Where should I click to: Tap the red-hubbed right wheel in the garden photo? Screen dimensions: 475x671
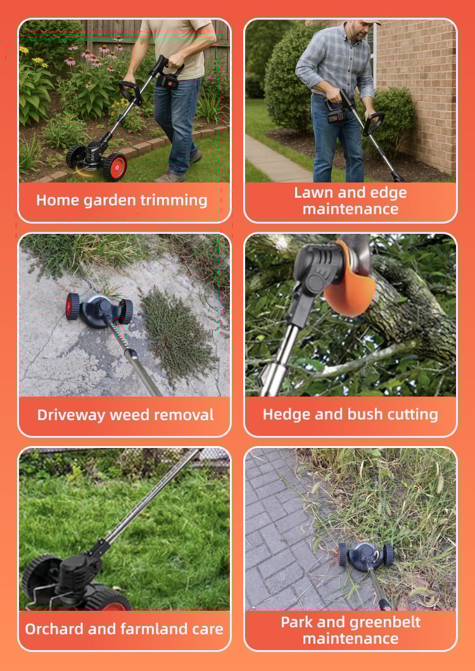pos(115,167)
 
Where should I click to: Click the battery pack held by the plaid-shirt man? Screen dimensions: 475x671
pos(338,115)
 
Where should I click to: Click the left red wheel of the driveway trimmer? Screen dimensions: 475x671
pos(72,307)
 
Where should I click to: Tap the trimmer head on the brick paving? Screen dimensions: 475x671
pos(366,555)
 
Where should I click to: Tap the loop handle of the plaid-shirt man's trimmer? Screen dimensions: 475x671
pos(372,123)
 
